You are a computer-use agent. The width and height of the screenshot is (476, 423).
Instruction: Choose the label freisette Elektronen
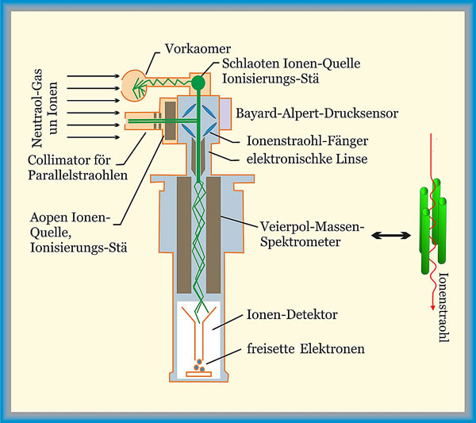305,347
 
